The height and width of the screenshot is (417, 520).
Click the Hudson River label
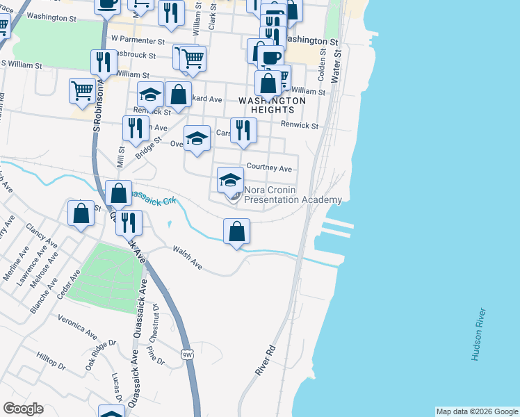tap(477, 334)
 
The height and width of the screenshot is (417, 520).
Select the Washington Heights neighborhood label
tap(272, 105)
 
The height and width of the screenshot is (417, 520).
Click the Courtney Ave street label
tap(269, 168)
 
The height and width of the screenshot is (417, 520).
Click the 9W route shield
tap(187, 355)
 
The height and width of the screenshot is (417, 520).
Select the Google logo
tap(23, 409)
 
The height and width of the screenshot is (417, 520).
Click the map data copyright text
tap(477, 411)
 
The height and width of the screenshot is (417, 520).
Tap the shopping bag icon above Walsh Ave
tap(237, 231)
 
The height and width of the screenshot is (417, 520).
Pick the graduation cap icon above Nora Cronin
tap(231, 180)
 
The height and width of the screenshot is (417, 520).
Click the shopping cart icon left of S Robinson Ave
tap(82, 90)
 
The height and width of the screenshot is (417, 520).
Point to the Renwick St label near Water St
tap(299, 126)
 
